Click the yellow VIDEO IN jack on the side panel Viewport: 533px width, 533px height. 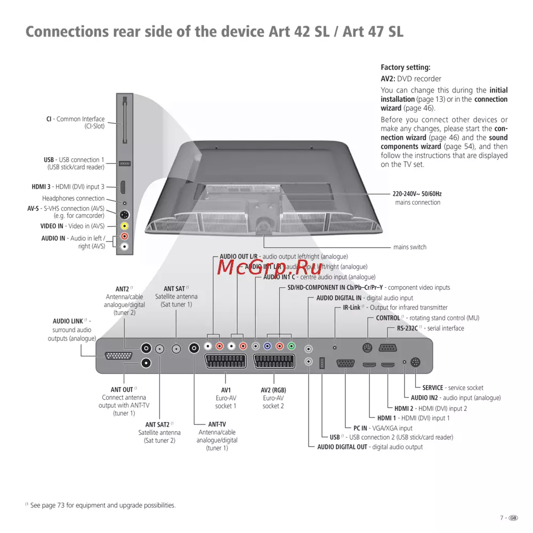124,226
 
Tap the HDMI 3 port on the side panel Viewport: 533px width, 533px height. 123,187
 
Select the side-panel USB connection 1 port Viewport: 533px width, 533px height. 124,163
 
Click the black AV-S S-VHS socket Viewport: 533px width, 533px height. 124,215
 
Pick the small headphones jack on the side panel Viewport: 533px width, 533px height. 124,203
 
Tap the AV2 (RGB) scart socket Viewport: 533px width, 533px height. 273,361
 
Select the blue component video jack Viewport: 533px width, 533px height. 268,346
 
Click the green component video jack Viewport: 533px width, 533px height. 290,346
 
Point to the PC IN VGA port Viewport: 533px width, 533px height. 346,364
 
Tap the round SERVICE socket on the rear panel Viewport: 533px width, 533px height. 416,362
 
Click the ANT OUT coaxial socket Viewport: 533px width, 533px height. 146,363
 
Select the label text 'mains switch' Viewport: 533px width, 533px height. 409,247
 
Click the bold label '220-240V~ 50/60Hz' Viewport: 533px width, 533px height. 417,194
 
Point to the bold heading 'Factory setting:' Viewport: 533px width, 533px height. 405,68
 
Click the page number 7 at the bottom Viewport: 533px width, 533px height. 502,518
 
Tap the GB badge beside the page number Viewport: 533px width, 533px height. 513,518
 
